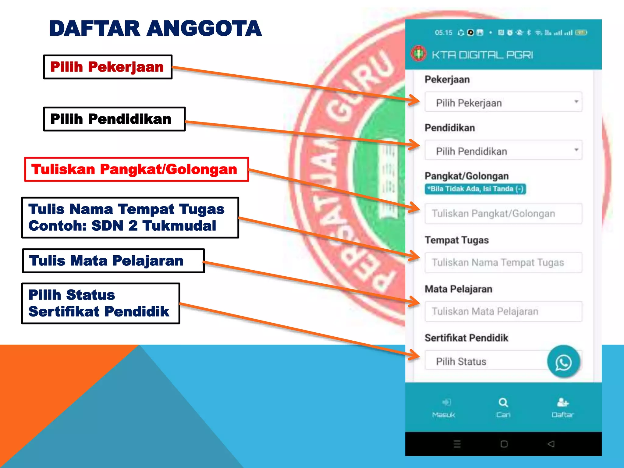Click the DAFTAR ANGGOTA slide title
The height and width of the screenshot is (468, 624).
click(x=155, y=28)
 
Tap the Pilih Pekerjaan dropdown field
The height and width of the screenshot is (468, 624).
click(x=503, y=102)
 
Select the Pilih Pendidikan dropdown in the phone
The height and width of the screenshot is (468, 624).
click(x=503, y=151)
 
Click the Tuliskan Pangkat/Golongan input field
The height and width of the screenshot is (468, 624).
click(x=503, y=214)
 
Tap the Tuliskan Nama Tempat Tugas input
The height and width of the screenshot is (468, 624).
click(x=503, y=262)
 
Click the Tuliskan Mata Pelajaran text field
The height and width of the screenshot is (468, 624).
click(x=503, y=311)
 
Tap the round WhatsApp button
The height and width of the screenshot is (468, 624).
click(x=563, y=362)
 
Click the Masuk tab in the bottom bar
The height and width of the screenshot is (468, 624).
click(x=444, y=408)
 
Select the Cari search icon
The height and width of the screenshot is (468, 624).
click(x=503, y=403)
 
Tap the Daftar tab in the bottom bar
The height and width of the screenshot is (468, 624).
click(x=562, y=408)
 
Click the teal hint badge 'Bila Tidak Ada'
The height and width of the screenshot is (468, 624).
click(x=475, y=189)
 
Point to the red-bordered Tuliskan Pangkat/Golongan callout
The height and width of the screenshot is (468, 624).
click(x=136, y=169)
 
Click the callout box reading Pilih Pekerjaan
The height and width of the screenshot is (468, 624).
click(x=108, y=67)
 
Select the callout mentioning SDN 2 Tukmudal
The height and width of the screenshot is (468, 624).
click(x=130, y=218)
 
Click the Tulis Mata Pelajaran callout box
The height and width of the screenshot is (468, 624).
click(x=113, y=261)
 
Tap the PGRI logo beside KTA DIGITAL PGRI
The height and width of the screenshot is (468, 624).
click(x=419, y=54)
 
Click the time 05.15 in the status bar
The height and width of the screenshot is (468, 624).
click(x=444, y=33)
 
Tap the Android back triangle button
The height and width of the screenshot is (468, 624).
click(x=551, y=444)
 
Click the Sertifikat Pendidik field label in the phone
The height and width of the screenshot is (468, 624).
click(x=466, y=338)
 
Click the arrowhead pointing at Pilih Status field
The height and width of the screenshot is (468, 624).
click(x=415, y=355)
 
